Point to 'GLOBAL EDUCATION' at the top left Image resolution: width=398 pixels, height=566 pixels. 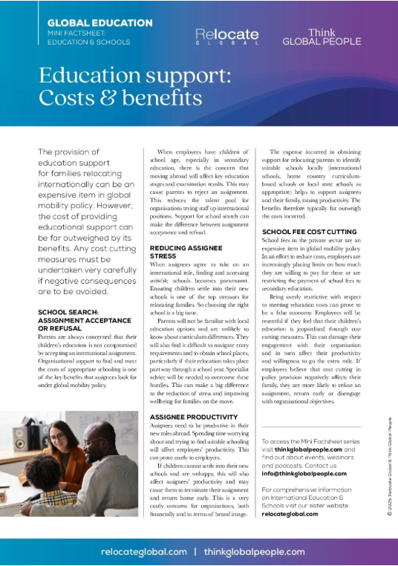point(89,23)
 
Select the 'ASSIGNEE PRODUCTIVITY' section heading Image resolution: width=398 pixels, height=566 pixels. point(195,417)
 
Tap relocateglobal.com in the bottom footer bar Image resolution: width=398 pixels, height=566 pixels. point(143,552)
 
